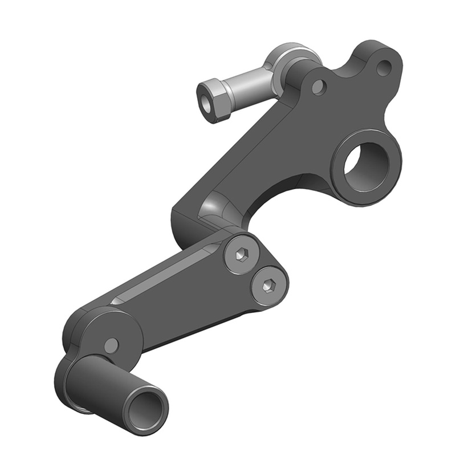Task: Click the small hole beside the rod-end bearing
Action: coord(319,87)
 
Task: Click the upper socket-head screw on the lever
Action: coord(240,255)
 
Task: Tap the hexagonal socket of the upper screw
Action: coord(240,255)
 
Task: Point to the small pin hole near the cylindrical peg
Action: coord(112,345)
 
